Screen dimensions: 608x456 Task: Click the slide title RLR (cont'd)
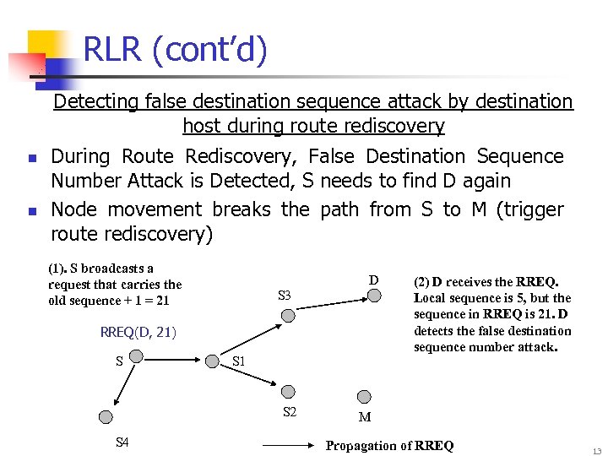coord(176,51)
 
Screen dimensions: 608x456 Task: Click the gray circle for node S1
coord(211,361)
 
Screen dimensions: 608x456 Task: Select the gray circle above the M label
coord(365,396)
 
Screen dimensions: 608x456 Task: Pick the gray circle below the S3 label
coord(288,315)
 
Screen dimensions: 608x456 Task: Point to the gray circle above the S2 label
coord(288,392)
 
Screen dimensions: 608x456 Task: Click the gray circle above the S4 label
coord(106,416)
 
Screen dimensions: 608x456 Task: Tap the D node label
coord(373,280)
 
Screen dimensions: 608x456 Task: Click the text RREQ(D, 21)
coord(138,332)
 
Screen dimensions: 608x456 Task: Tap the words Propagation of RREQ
coord(389,445)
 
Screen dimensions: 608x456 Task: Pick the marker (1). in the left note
coord(58,269)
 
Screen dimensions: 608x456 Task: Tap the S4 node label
coord(122,442)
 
